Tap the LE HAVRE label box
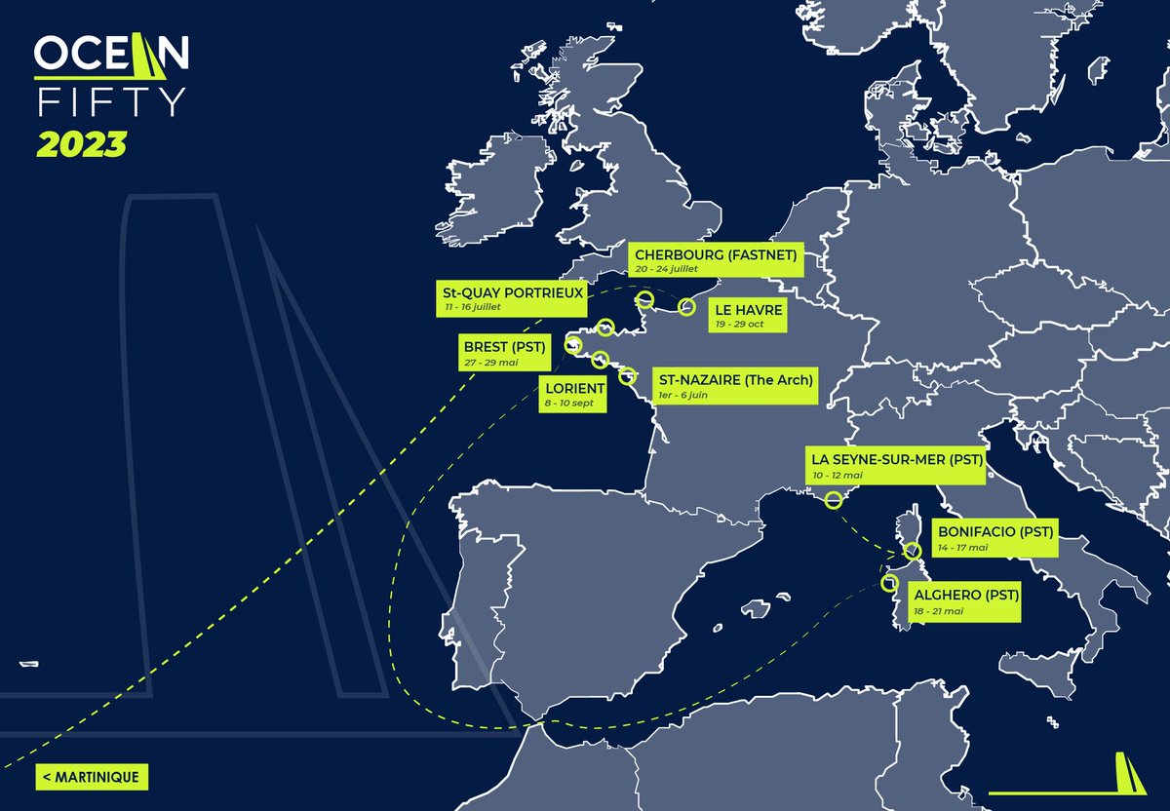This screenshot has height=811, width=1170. click(740, 315)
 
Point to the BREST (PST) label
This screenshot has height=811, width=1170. click(502, 352)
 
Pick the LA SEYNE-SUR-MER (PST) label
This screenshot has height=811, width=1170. click(894, 465)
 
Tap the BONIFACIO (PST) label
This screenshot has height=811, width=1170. click(994, 539)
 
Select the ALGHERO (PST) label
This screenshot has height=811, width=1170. click(963, 601)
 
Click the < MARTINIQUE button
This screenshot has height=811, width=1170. click(92, 777)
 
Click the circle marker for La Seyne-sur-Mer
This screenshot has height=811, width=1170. click(834, 501)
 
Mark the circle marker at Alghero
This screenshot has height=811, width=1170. click(888, 583)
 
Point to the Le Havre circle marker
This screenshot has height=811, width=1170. click(685, 307)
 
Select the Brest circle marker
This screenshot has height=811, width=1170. click(573, 345)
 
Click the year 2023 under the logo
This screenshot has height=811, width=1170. click(82, 144)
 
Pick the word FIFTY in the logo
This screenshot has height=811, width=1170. click(110, 101)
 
